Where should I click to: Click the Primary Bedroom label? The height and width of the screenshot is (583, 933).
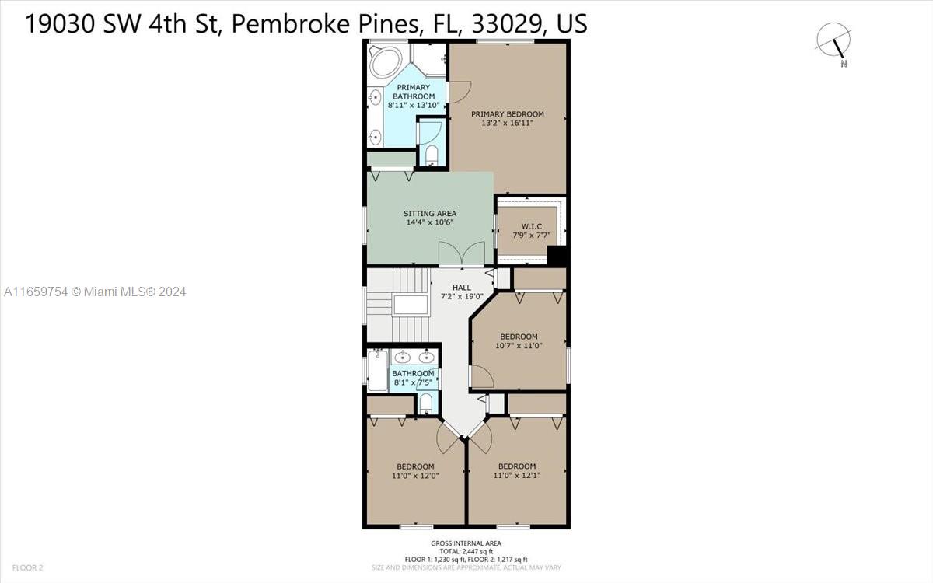click(507, 114)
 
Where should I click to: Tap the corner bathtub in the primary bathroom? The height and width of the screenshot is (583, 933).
click(386, 62)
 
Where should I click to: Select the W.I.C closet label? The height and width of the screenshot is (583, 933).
click(532, 226)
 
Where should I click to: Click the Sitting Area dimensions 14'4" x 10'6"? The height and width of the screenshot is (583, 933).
click(429, 222)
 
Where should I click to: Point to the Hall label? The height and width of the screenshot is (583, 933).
click(462, 288)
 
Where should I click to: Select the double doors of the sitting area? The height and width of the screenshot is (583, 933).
click(462, 253)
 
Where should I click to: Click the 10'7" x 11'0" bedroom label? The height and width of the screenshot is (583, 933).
click(519, 341)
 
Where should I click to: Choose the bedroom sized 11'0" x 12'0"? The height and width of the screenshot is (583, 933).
click(415, 471)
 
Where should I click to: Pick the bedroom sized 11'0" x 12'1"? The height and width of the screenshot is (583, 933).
click(517, 471)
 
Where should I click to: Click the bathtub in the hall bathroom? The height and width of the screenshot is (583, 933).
click(378, 371)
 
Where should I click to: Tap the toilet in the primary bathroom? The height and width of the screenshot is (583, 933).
click(432, 155)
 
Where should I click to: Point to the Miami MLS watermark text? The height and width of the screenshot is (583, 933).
click(95, 292)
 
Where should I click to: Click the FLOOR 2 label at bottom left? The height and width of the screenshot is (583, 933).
click(27, 567)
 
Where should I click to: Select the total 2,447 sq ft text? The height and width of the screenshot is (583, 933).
click(466, 551)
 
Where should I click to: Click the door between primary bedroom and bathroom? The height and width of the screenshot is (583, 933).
click(458, 92)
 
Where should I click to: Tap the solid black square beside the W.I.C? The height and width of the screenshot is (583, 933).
click(557, 256)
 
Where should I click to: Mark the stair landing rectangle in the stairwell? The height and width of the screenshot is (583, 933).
click(411, 305)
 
